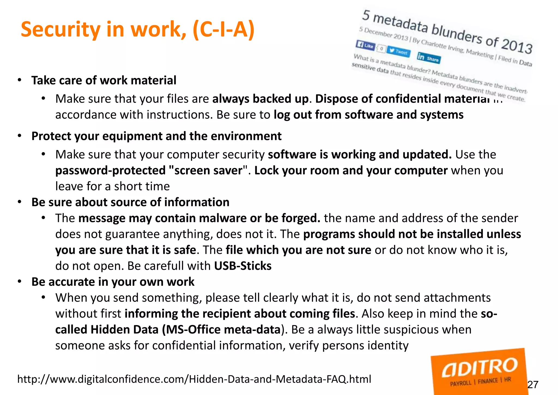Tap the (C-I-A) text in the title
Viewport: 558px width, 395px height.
pyautogui.click(x=223, y=29)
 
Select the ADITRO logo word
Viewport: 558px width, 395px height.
pyautogui.click(x=479, y=367)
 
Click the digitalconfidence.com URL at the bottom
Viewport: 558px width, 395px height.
pyautogui.click(x=194, y=379)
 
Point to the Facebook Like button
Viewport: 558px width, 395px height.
pyautogui.click(x=365, y=45)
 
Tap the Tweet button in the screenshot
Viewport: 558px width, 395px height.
pyautogui.click(x=398, y=51)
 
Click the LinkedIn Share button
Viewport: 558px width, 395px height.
pyautogui.click(x=428, y=58)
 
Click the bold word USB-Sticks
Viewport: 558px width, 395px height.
pyautogui.click(x=243, y=266)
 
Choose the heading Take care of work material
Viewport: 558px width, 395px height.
pyautogui.click(x=104, y=80)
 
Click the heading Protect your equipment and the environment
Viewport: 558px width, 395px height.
pyautogui.click(x=156, y=136)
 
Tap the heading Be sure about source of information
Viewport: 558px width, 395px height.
pyautogui.click(x=130, y=202)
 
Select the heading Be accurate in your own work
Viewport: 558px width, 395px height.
pyautogui.click(x=113, y=282)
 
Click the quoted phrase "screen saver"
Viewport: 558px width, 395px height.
pyautogui.click(x=208, y=170)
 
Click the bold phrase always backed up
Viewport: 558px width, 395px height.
pyautogui.click(x=260, y=99)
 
